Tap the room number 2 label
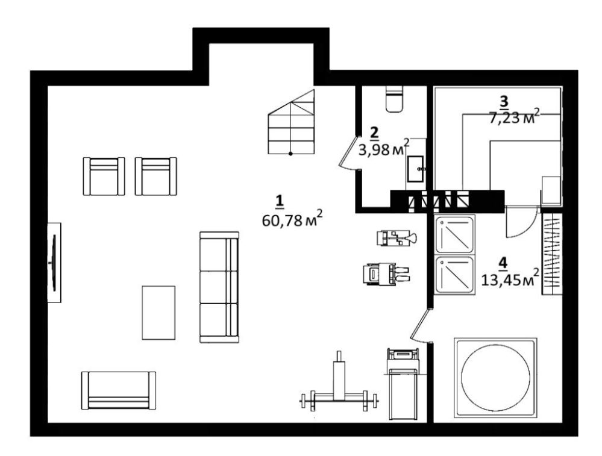point(374,133)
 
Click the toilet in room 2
point(395,99)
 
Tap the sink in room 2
point(415,169)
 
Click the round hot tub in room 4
point(495,378)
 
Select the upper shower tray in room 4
point(454,234)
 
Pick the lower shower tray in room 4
point(454,275)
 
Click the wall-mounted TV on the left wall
point(54,263)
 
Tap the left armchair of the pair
point(104,176)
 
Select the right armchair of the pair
point(156,176)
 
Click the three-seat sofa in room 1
point(219,287)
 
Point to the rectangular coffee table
point(158,313)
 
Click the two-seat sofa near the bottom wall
point(119,390)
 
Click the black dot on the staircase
point(290,154)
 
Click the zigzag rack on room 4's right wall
point(552,254)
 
